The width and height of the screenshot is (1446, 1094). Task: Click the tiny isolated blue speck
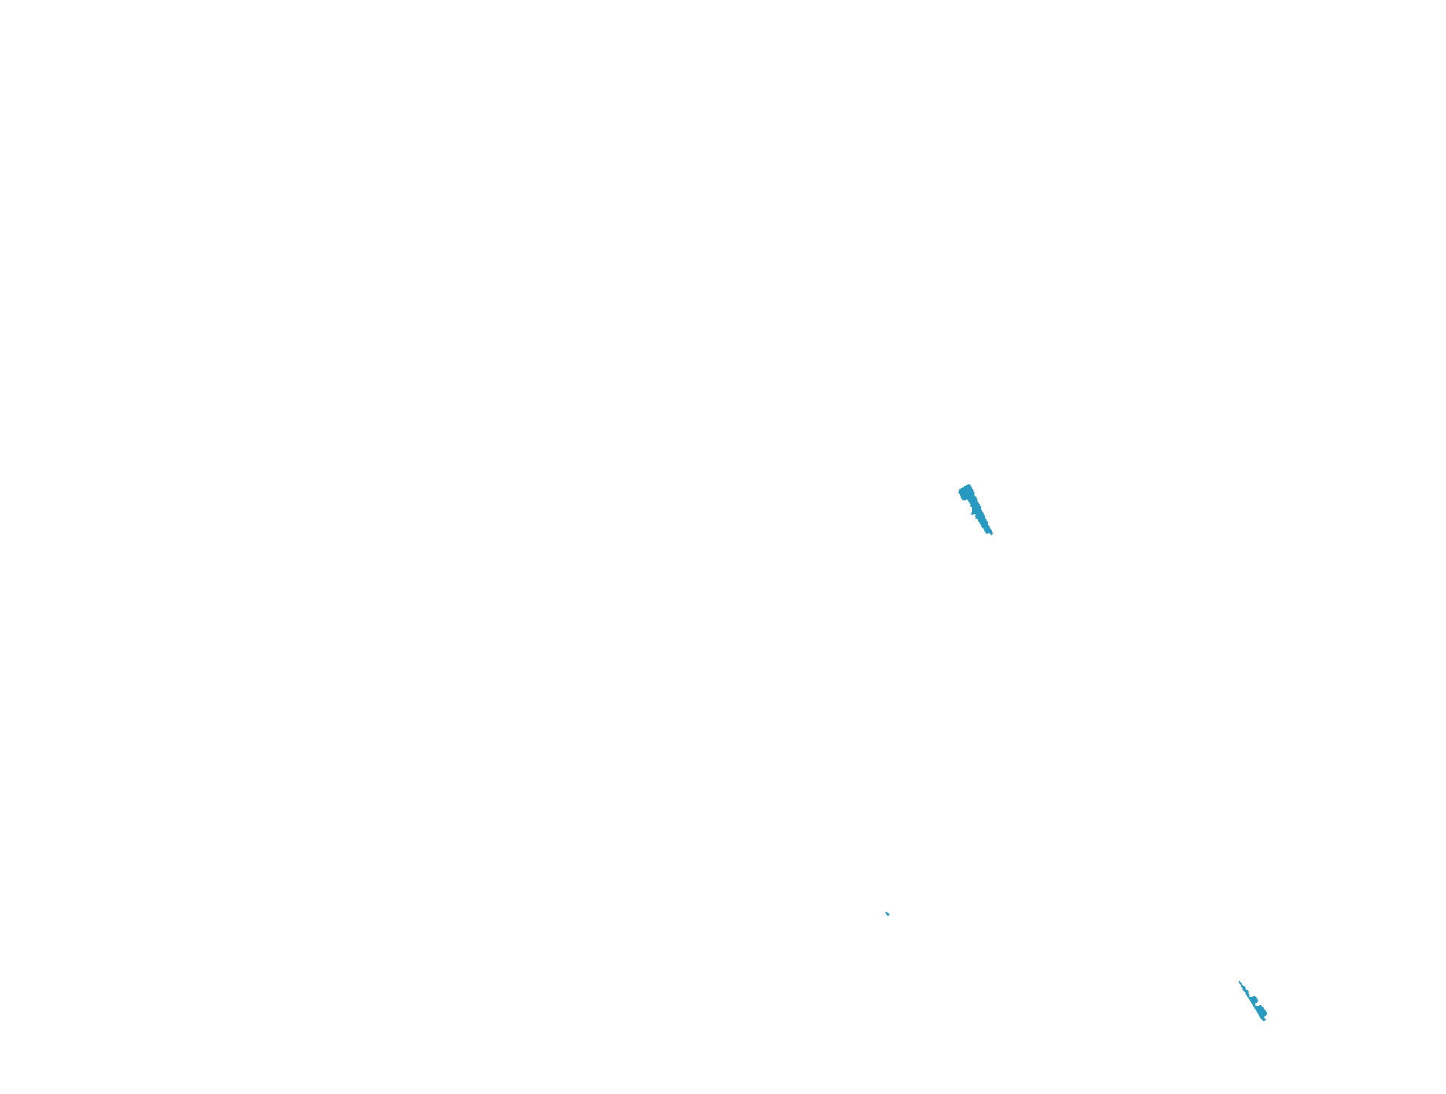pos(887,913)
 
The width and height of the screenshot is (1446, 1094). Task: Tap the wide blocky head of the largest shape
pos(966,492)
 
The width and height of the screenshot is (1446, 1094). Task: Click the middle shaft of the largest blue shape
pos(978,513)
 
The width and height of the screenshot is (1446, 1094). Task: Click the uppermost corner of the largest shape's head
pos(968,484)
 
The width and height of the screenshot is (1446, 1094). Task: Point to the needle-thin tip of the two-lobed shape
pos(1239,981)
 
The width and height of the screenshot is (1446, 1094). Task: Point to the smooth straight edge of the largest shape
pos(982,510)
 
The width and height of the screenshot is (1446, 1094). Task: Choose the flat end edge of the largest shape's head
pos(963,487)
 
